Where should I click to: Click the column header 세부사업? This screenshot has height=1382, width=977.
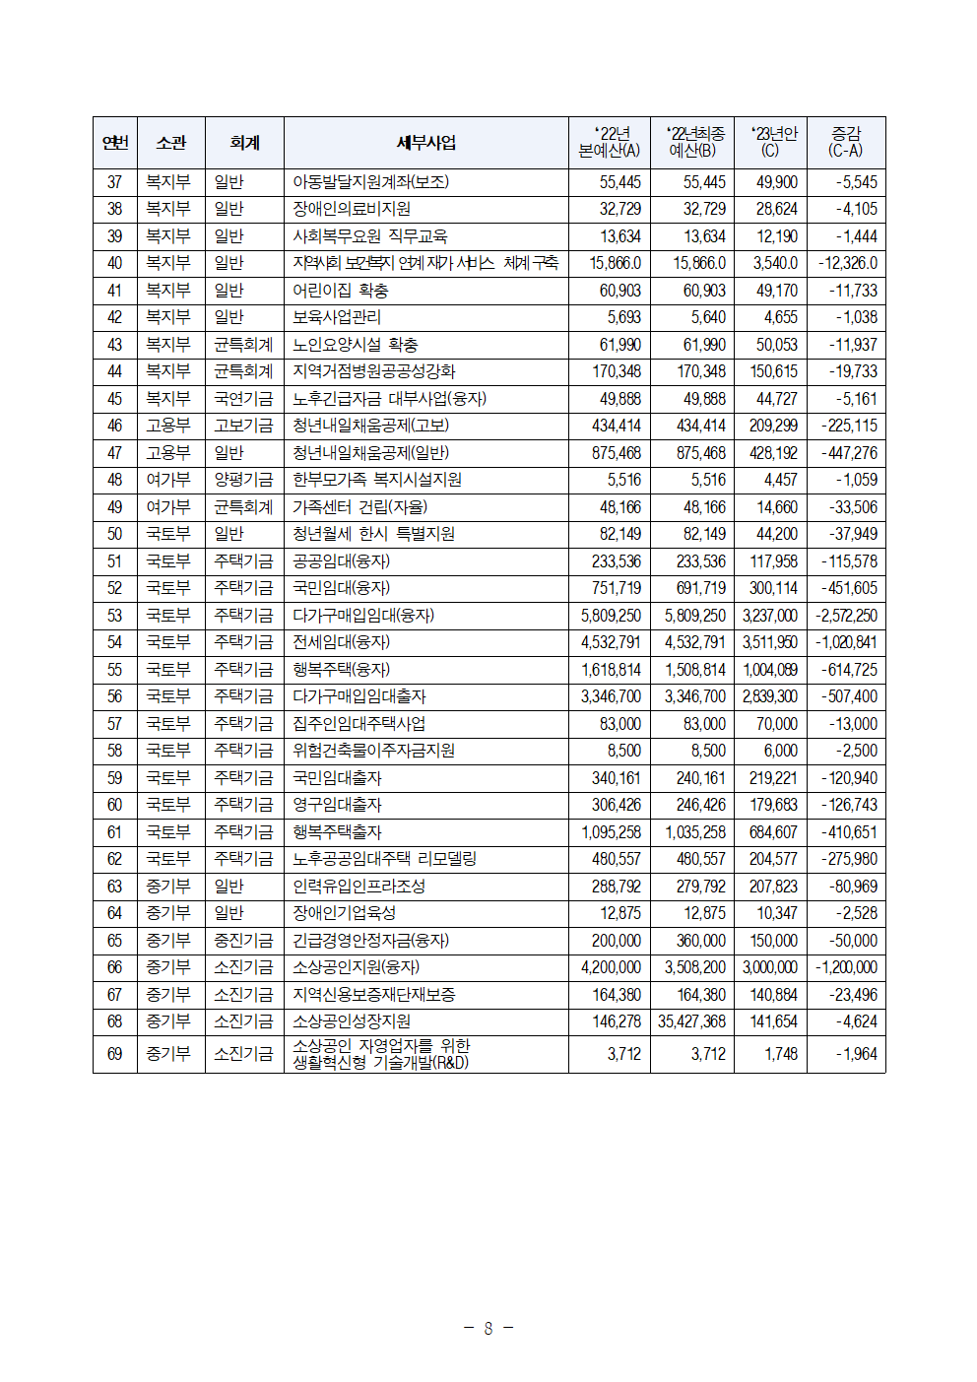click(425, 143)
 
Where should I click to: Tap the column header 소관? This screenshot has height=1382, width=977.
click(170, 143)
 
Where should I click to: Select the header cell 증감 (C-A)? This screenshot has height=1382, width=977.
click(845, 143)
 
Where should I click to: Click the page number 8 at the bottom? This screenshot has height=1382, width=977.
click(488, 1328)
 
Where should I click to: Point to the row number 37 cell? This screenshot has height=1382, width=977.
click(115, 182)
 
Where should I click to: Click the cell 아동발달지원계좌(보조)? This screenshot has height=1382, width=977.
click(370, 182)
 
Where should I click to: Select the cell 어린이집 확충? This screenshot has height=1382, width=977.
click(340, 291)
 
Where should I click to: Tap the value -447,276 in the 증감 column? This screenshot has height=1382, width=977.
click(848, 453)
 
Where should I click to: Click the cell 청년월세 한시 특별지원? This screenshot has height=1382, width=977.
click(373, 534)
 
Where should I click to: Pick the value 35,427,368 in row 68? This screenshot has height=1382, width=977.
click(691, 1021)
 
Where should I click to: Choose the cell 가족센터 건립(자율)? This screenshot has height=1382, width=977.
click(359, 507)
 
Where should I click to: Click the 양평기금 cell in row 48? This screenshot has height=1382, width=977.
click(243, 480)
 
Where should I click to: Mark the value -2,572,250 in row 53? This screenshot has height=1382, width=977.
click(846, 616)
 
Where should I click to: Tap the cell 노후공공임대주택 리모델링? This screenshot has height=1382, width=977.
click(384, 859)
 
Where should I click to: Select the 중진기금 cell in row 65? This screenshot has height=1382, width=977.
click(243, 941)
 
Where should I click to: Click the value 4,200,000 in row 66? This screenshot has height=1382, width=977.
click(611, 967)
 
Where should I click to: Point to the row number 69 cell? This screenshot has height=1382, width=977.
click(115, 1054)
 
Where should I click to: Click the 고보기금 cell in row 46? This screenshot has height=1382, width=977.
click(243, 426)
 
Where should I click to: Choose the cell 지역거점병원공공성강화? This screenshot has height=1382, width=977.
click(373, 371)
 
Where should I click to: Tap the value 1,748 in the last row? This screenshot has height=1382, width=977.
click(780, 1054)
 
